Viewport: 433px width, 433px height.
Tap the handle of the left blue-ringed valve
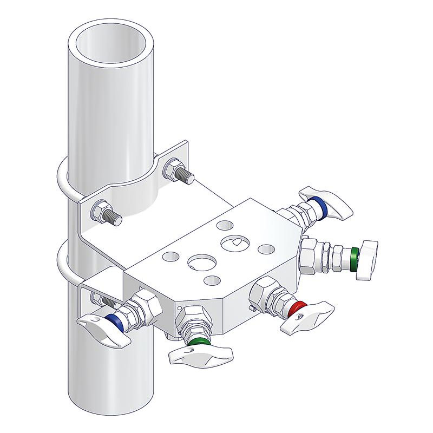[x=103, y=330]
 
